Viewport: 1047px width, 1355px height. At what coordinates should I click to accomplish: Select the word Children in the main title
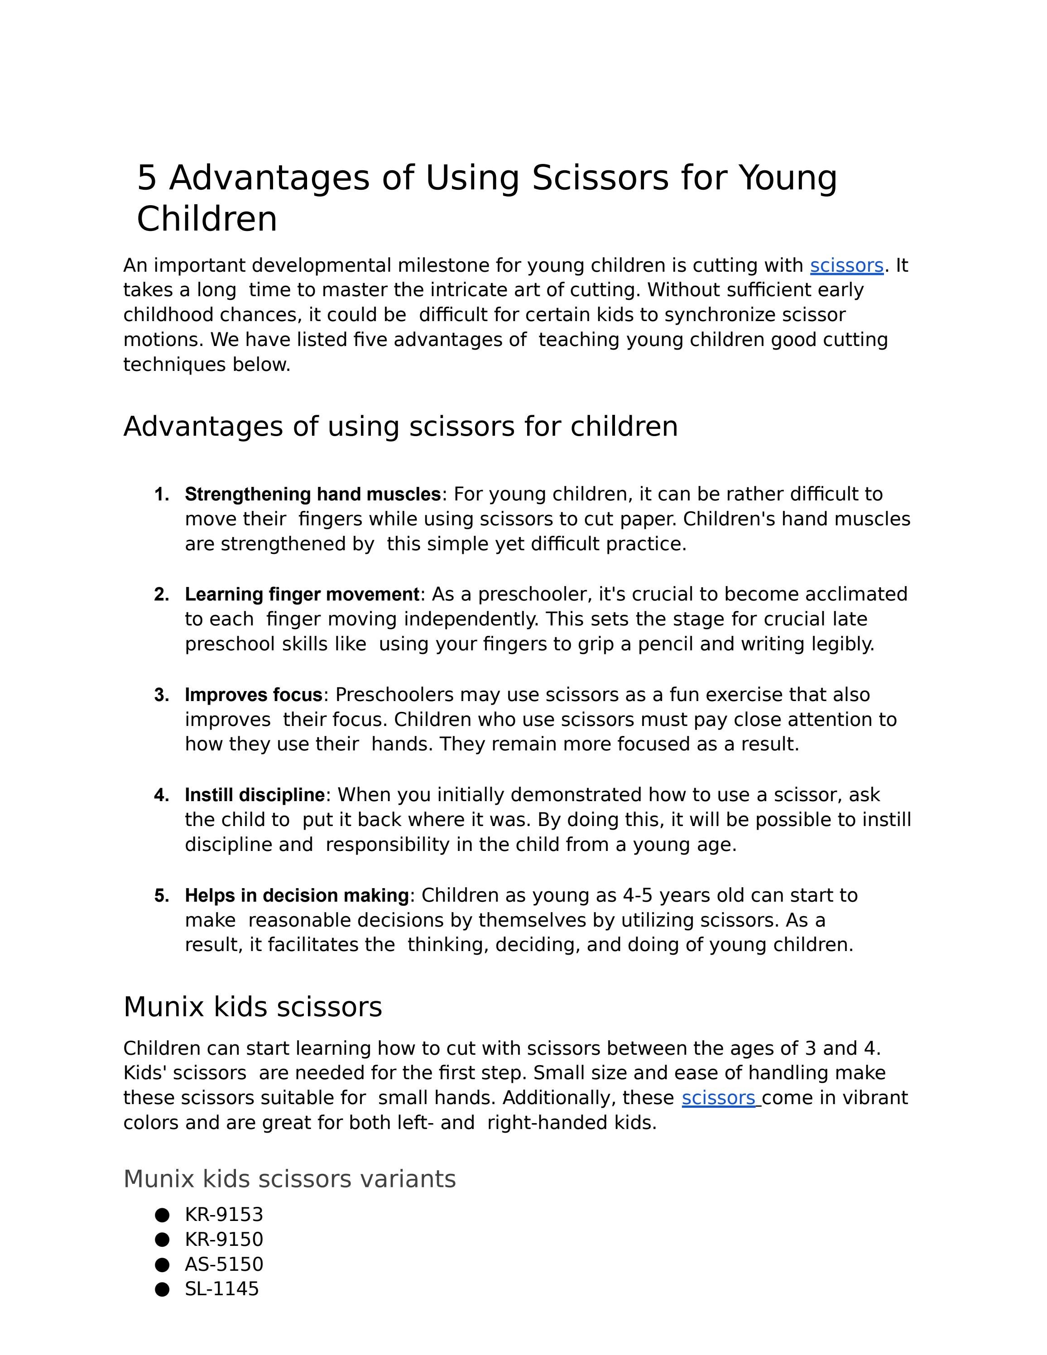click(x=207, y=219)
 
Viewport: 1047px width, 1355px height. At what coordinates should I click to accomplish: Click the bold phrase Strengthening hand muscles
click(x=312, y=495)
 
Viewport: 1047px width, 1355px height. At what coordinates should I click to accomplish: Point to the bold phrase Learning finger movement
click(x=302, y=594)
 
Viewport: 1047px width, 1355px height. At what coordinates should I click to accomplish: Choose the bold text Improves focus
click(x=253, y=695)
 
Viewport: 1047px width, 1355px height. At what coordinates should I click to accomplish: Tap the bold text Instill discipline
click(x=255, y=795)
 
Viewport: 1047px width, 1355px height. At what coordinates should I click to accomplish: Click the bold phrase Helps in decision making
click(x=297, y=895)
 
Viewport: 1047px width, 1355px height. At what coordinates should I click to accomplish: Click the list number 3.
click(x=161, y=695)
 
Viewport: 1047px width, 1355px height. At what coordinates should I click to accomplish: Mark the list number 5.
click(x=161, y=895)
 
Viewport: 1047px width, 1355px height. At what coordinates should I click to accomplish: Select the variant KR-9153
click(x=224, y=1214)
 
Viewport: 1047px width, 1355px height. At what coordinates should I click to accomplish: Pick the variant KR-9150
click(x=224, y=1239)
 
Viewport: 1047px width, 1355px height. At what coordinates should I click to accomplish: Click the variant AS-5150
click(x=224, y=1264)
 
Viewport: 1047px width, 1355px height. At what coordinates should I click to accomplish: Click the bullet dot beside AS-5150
click(x=162, y=1264)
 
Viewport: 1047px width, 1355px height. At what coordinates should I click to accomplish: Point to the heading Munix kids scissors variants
click(x=290, y=1179)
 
